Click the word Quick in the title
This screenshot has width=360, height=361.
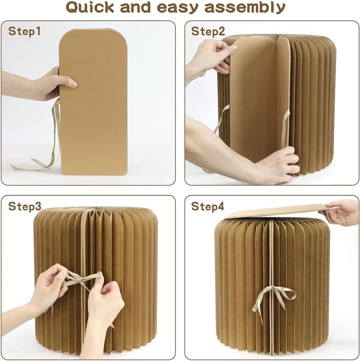[90, 8]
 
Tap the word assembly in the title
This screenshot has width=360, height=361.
[245, 8]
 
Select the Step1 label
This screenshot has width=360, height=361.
[24, 32]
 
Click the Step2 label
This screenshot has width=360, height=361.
[208, 32]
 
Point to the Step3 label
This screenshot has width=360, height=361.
[25, 206]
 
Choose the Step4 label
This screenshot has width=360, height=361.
[207, 206]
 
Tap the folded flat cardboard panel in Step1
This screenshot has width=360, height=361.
[93, 102]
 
